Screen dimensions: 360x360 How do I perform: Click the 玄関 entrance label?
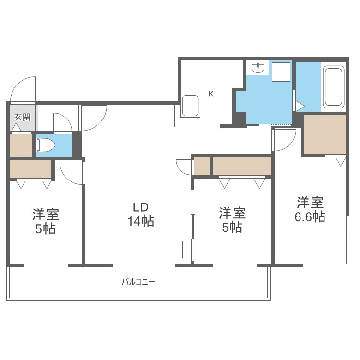22,117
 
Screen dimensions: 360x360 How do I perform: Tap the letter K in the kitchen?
211,94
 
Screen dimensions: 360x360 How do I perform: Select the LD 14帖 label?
141,215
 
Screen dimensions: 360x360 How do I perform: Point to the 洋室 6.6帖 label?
310,209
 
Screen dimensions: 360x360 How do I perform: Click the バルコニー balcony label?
138,282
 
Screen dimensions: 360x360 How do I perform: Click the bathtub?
334,87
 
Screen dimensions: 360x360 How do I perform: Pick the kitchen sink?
190,106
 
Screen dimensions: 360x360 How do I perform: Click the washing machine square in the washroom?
281,72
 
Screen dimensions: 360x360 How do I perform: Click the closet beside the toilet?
21,145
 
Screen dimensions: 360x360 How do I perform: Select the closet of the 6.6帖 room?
325,134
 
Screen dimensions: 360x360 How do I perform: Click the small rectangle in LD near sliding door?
186,249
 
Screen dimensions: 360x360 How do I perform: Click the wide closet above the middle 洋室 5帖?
242,166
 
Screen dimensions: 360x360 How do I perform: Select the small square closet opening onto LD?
202,166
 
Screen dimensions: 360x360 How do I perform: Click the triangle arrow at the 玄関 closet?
16,127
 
